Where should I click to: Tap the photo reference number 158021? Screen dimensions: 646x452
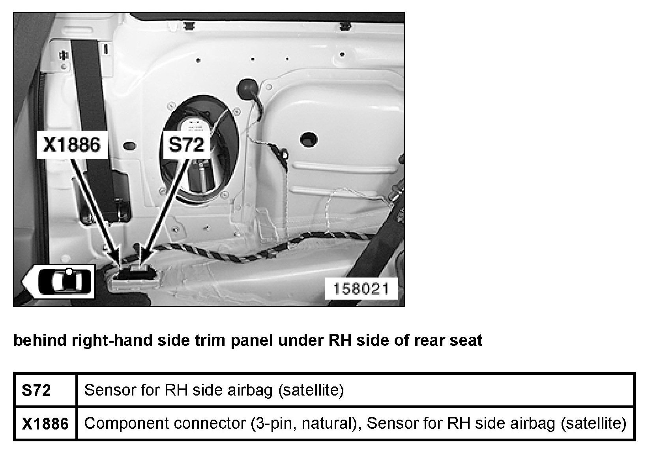[x=361, y=289]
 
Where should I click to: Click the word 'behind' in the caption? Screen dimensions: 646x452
[x=40, y=340]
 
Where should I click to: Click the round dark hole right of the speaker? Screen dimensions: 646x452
[x=309, y=139]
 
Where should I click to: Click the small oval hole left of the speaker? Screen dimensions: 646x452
[x=130, y=146]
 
